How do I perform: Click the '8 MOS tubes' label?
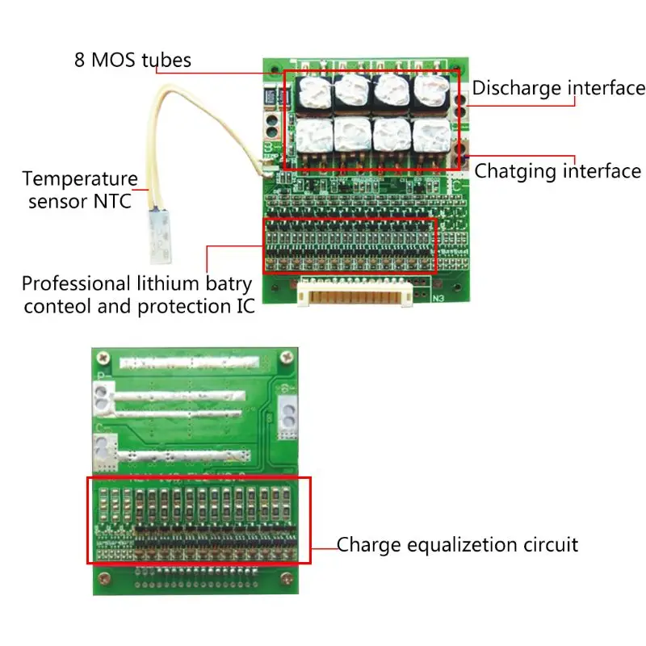tap(132, 60)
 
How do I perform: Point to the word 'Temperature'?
tap(80, 178)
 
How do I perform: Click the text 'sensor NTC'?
tap(79, 200)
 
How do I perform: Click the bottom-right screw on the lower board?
tap(284, 578)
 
